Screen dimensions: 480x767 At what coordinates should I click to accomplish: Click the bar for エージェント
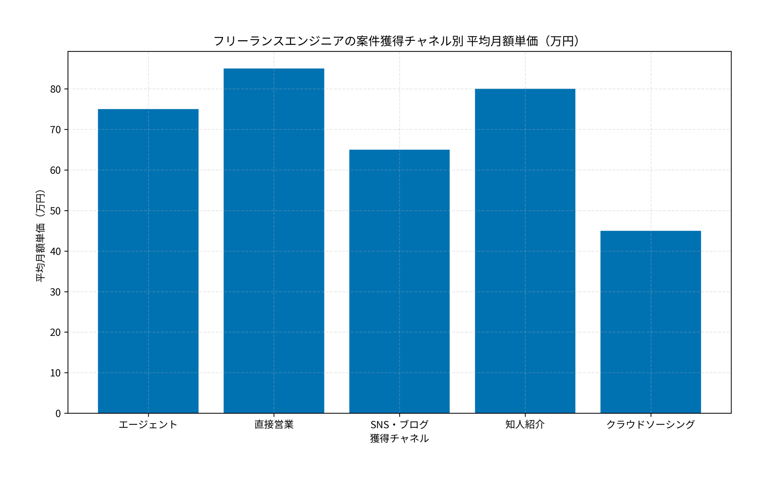[148, 261]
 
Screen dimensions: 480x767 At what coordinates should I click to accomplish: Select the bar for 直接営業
[274, 241]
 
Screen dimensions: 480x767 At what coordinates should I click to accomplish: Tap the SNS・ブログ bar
[399, 281]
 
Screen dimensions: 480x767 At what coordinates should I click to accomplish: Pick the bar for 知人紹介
[525, 251]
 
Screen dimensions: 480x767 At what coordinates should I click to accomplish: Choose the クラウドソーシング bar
[650, 322]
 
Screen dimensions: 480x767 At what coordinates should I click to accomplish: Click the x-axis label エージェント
[148, 424]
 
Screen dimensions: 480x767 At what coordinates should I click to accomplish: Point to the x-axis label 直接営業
[274, 424]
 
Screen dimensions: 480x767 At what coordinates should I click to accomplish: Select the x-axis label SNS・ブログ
[399, 424]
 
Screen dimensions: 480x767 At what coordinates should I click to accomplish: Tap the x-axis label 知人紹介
[525, 424]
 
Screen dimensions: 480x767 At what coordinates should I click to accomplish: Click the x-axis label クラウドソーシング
[650, 424]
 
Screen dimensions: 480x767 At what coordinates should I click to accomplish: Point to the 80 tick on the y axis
[55, 89]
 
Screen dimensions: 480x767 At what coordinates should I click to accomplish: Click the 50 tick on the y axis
[55, 211]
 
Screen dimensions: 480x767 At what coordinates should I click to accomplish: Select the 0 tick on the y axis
[58, 413]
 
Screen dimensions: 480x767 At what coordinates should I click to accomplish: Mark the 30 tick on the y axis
[55, 292]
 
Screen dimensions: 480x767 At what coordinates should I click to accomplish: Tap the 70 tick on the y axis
[55, 130]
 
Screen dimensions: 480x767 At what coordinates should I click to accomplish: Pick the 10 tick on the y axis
[55, 373]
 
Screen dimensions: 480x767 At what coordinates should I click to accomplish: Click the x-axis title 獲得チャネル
[399, 438]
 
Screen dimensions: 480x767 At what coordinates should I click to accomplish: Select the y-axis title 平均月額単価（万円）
[40, 236]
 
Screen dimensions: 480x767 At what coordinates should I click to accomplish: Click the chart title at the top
[396, 41]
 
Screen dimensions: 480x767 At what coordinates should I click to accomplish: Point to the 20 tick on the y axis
[55, 332]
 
